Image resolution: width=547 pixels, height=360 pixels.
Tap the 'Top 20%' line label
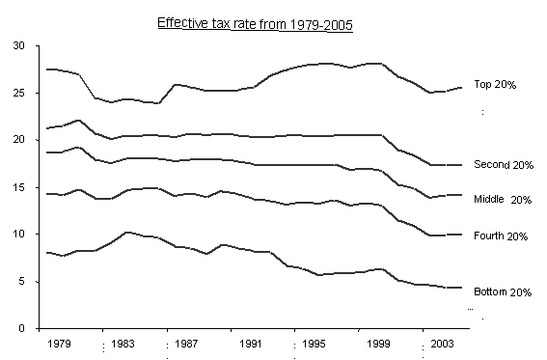point(496,85)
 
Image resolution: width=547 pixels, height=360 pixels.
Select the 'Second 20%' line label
point(504,165)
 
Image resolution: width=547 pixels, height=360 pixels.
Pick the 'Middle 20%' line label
point(504,200)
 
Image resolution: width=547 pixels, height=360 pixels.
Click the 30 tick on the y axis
point(19,45)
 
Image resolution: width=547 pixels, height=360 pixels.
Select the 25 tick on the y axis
point(19,93)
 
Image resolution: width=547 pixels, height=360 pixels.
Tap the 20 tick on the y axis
point(19,140)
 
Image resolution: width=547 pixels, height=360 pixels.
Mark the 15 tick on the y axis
point(19,187)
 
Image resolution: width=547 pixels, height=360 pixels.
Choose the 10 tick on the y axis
point(19,235)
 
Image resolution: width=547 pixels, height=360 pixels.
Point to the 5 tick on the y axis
point(22,282)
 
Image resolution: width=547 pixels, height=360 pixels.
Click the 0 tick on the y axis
point(22,329)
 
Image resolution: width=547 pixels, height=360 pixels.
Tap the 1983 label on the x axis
point(123,344)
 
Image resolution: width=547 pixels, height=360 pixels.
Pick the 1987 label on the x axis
point(187,344)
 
